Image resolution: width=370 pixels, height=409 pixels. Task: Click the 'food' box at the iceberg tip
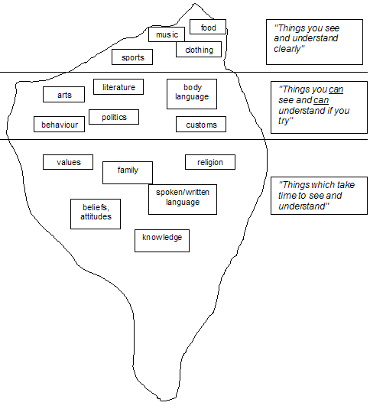pos(208,28)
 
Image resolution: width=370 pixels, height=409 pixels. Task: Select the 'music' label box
pos(166,34)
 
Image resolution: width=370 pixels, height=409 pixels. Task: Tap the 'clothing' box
pos(199,50)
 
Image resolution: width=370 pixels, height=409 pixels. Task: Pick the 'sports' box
pos(132,57)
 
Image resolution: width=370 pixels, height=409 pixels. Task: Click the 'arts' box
pos(63,95)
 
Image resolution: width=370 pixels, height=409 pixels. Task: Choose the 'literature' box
pos(118,87)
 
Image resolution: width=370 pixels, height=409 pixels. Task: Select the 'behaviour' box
pos(59,124)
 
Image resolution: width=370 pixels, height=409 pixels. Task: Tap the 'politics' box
pos(114,117)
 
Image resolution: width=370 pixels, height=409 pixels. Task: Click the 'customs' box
pos(201,125)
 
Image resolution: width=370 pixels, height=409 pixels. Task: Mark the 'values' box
pos(67,162)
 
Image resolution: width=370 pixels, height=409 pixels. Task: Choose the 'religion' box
pos(209,162)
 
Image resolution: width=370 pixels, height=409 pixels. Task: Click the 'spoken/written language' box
pos(182,198)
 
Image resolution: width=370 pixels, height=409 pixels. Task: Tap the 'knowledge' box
pos(161,239)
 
